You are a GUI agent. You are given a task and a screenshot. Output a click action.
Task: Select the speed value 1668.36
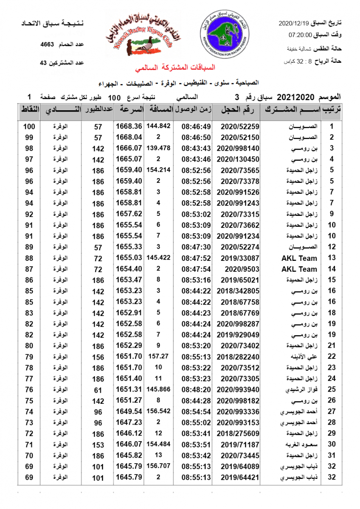pyautogui.click(x=128, y=126)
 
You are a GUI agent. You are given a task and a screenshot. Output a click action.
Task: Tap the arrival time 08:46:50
pyautogui.click(x=196, y=137)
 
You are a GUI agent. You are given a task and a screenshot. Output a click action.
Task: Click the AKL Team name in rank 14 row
pyautogui.click(x=299, y=269)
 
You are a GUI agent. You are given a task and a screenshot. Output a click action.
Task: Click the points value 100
pyautogui.click(x=29, y=126)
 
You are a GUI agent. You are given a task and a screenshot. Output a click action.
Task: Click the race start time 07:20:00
pyautogui.click(x=301, y=35)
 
